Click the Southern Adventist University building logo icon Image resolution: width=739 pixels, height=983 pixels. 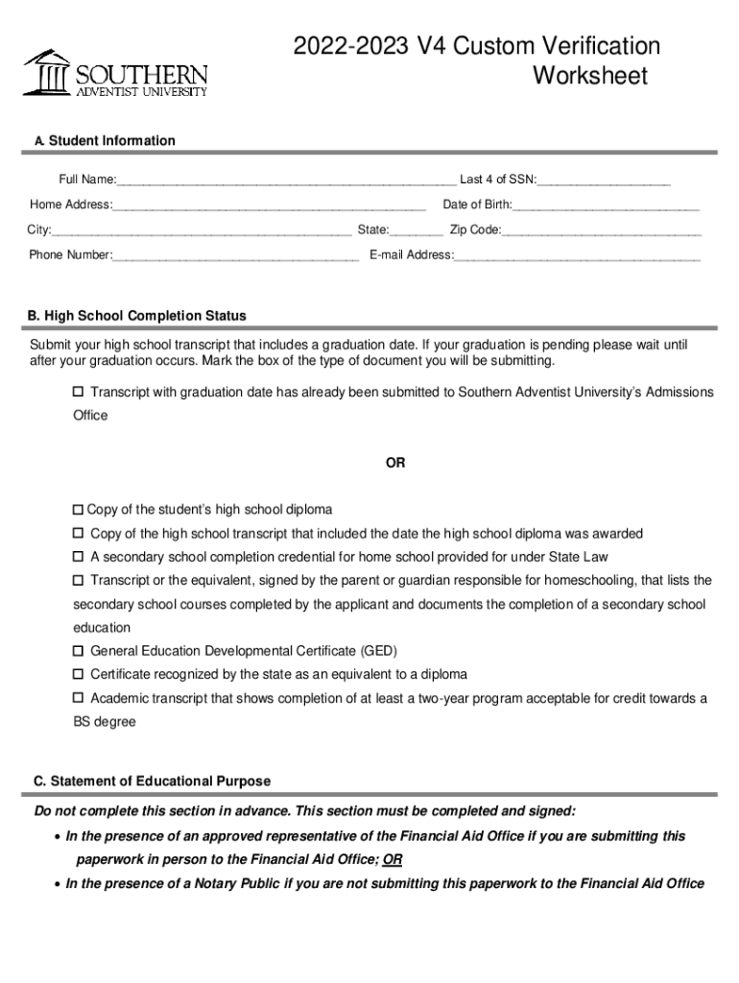[x=47, y=72]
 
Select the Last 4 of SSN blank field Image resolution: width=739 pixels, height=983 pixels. [x=604, y=180]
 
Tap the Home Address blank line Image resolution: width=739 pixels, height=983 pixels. [x=269, y=205]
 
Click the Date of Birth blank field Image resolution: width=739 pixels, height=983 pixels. [x=607, y=205]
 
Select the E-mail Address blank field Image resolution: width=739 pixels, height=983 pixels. [x=577, y=256]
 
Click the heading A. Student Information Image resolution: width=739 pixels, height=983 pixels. [x=105, y=141]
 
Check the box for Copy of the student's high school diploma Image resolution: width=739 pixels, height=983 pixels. [x=79, y=510]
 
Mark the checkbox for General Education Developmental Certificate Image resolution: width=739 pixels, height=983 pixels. [x=79, y=651]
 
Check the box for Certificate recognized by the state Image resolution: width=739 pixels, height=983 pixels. [x=79, y=675]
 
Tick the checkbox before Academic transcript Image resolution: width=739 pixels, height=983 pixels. [x=79, y=698]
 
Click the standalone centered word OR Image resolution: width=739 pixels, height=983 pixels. [x=395, y=463]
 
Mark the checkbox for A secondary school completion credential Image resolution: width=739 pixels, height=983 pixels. [x=79, y=557]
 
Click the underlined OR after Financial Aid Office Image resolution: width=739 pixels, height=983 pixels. [x=393, y=859]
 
